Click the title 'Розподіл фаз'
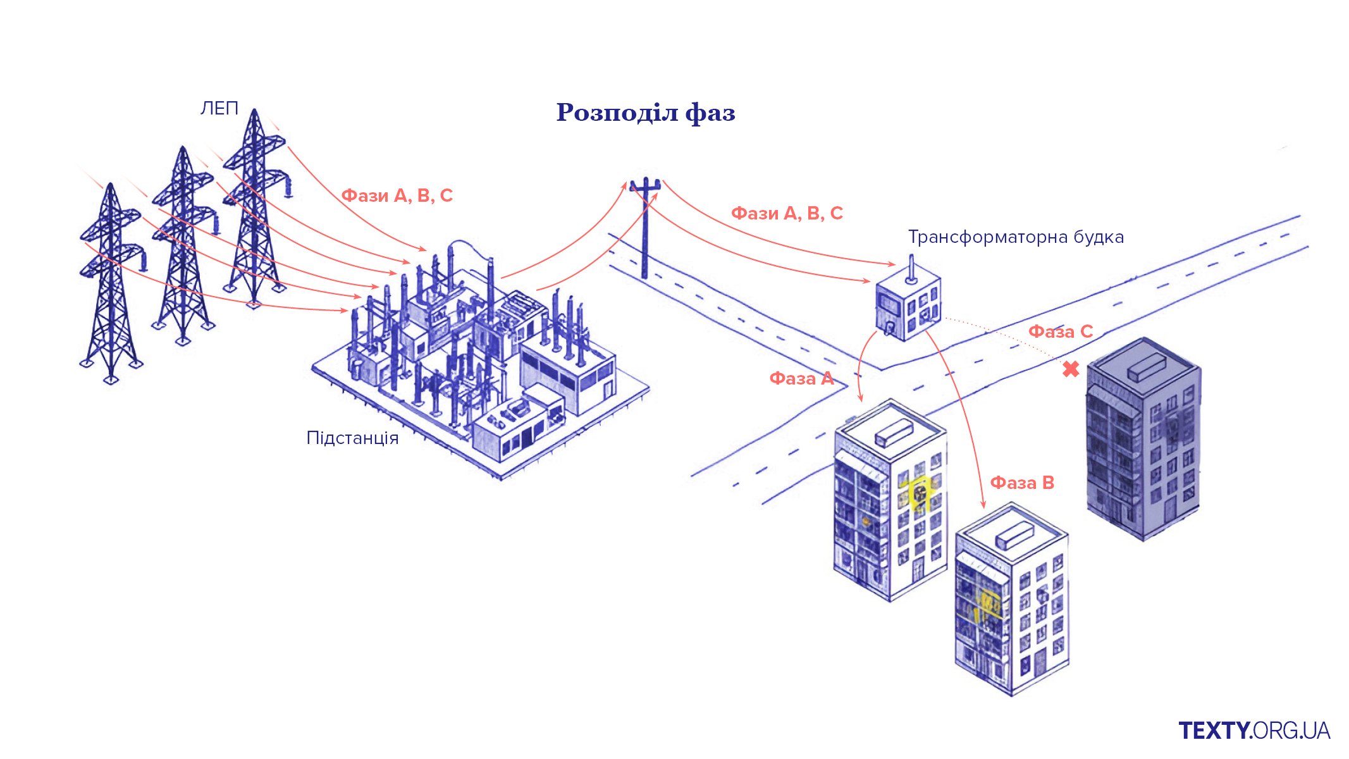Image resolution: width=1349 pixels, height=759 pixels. coord(646,113)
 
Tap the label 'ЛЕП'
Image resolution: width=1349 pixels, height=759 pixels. coord(219,109)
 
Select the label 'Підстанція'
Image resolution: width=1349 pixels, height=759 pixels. coord(352,438)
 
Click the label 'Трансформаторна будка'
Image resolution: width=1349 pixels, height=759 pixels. coord(1016,237)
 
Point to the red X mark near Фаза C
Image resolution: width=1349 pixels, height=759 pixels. coord(1070,369)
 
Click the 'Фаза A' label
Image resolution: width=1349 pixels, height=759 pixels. coord(801,378)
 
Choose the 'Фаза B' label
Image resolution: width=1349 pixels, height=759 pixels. coord(1021,483)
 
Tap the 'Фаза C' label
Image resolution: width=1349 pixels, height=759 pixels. coord(1060,331)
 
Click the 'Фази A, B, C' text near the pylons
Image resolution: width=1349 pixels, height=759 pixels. coord(397,195)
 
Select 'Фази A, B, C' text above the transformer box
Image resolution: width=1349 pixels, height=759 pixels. coord(787,213)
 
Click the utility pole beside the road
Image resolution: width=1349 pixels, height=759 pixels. coord(645,228)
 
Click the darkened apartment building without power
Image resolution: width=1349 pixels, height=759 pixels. coord(1143,443)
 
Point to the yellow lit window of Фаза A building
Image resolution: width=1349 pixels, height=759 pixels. coord(919,492)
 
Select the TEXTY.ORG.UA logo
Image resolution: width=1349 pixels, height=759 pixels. coord(1254,731)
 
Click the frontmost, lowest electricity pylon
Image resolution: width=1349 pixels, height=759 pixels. coord(111,285)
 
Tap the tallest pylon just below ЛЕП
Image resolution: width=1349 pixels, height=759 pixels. coord(254,209)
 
